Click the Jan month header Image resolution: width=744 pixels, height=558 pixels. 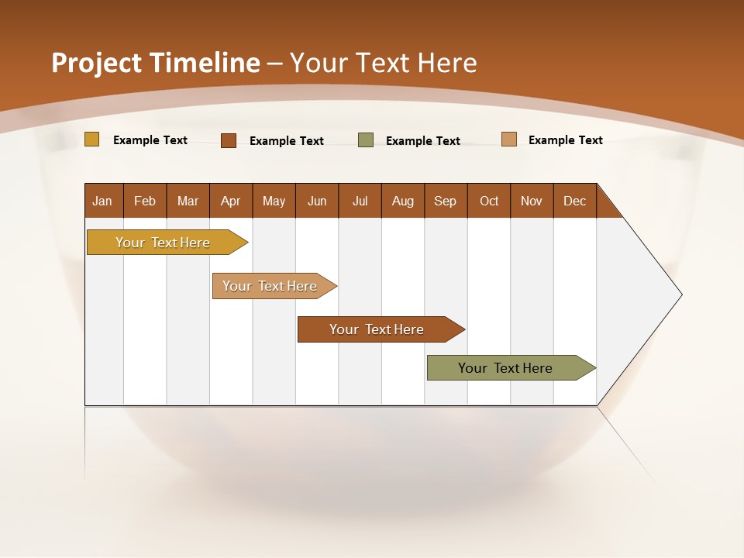[x=103, y=201]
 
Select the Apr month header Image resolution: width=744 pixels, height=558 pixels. [x=231, y=201]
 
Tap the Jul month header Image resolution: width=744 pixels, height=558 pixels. [x=360, y=201]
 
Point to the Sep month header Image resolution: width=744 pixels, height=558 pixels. [x=445, y=201]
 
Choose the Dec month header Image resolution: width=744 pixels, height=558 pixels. [x=574, y=201]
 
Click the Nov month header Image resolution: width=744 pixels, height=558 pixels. [x=531, y=201]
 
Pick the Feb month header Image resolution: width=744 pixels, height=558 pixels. [x=145, y=201]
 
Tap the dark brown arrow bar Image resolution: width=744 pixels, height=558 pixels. [x=377, y=329]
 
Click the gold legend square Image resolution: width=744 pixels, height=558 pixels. [x=91, y=139]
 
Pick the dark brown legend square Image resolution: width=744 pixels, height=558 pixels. [x=229, y=140]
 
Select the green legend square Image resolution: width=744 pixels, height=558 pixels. [x=366, y=140]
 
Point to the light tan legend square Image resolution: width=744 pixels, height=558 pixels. [x=508, y=139]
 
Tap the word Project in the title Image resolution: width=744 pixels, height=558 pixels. [x=97, y=63]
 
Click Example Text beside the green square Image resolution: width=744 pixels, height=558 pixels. [x=423, y=141]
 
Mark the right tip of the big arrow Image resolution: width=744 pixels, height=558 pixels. [x=680, y=294]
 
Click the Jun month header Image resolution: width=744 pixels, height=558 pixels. [x=317, y=201]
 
